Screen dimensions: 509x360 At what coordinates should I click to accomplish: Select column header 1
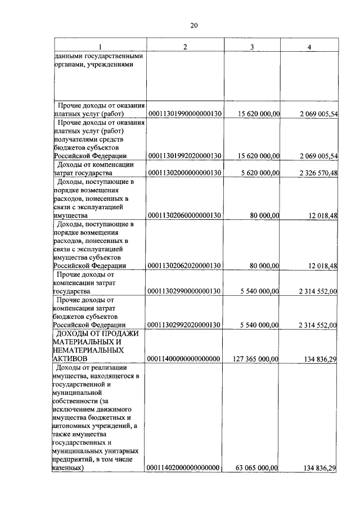pos(100,46)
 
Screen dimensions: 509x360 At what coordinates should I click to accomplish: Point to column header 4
pos(309,46)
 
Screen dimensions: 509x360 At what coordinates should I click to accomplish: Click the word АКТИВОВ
pos(70,358)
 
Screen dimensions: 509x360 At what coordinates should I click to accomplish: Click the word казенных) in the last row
pos(69,468)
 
